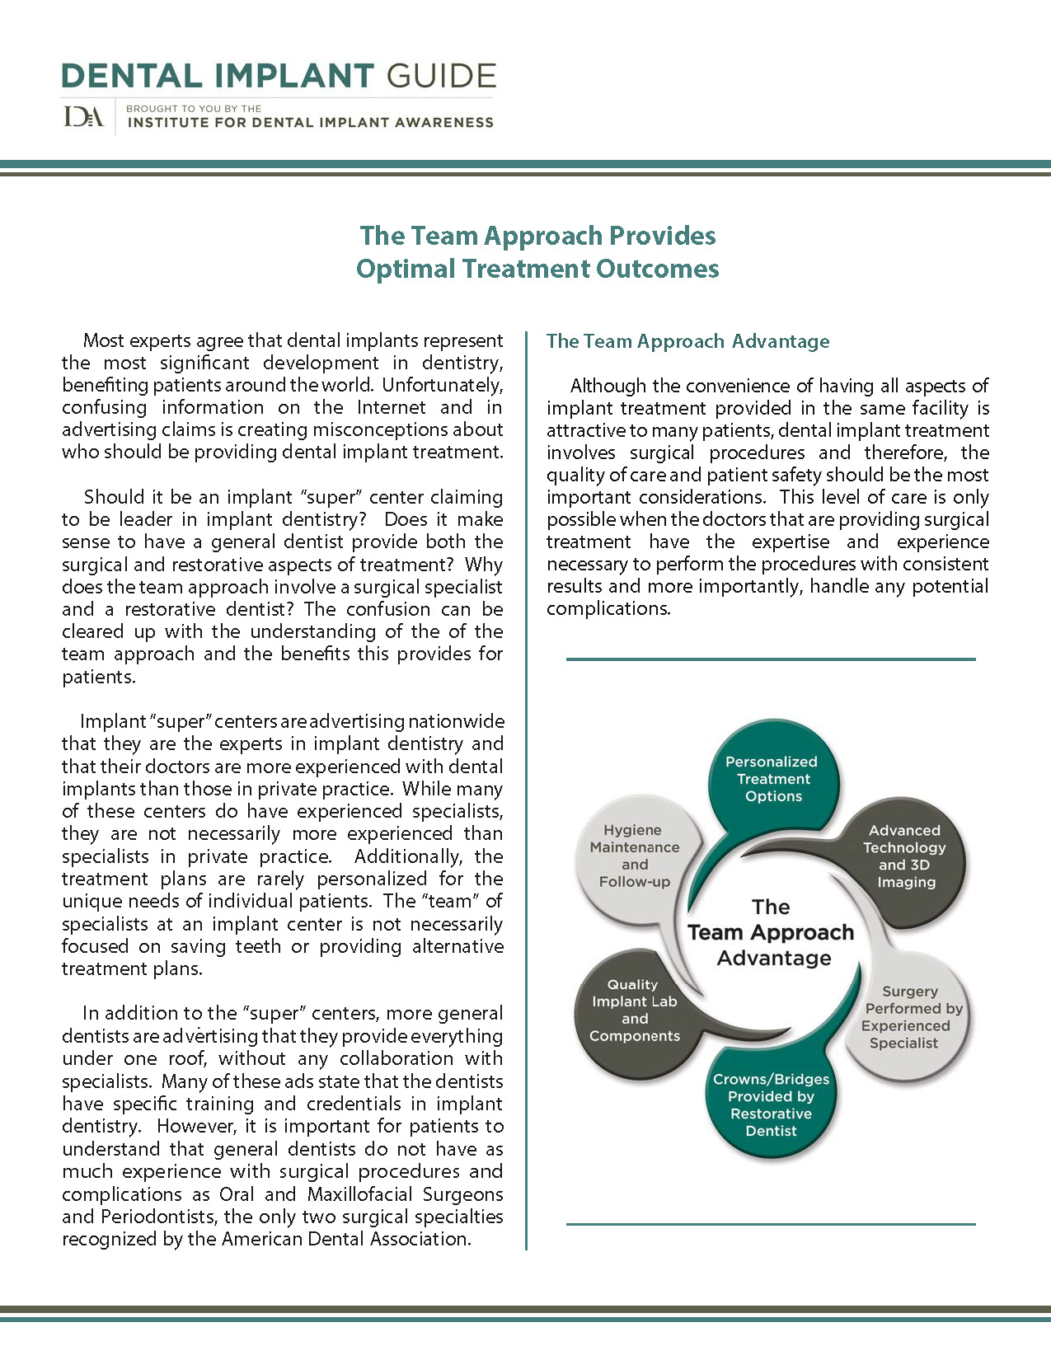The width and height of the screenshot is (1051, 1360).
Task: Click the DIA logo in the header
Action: [83, 117]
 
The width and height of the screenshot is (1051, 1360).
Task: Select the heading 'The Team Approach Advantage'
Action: [687, 341]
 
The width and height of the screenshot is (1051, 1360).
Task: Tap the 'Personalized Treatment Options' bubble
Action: [772, 779]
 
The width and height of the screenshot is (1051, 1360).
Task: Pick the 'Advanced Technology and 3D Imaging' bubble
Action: [905, 856]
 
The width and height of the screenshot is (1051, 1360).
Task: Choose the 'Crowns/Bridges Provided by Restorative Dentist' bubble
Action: [771, 1104]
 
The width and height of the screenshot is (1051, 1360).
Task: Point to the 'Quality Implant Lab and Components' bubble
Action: [634, 1011]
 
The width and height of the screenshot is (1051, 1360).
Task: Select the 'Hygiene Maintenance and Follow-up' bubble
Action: [634, 856]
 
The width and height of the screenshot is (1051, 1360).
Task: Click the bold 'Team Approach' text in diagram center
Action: [771, 932]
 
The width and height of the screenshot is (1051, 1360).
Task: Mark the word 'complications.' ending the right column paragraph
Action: [608, 609]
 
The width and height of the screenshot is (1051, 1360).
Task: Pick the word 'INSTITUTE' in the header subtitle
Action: [167, 123]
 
